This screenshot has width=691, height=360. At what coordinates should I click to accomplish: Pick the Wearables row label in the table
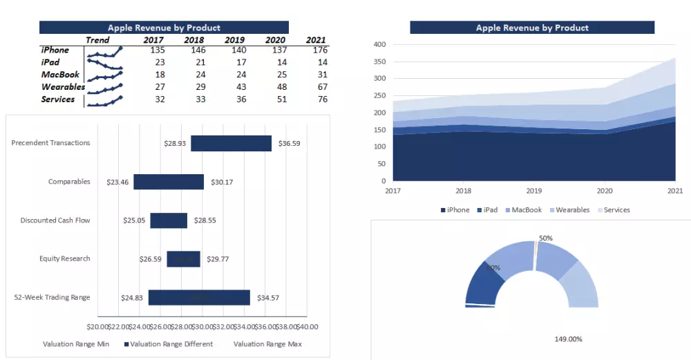click(x=63, y=87)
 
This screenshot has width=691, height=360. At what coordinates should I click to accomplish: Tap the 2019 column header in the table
click(x=235, y=40)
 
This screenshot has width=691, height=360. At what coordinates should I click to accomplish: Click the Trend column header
click(x=97, y=40)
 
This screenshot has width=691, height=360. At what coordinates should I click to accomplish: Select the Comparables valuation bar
click(x=169, y=182)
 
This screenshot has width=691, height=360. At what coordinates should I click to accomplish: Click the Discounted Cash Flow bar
click(x=169, y=220)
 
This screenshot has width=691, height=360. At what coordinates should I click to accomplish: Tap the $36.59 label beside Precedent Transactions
click(x=290, y=144)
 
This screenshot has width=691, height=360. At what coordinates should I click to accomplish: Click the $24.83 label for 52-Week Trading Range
click(x=131, y=298)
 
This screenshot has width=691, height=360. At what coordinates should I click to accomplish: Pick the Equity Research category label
click(x=65, y=259)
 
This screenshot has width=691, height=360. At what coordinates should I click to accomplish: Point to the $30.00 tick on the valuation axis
click(x=202, y=326)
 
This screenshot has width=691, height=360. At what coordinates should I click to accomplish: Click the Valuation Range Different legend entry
click(x=168, y=344)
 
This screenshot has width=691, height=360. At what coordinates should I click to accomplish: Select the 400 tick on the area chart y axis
click(x=379, y=44)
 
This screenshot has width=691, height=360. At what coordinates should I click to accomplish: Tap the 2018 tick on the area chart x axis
click(x=464, y=191)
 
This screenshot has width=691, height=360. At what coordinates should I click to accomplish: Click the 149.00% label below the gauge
click(x=568, y=339)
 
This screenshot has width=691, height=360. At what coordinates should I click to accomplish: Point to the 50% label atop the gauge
click(x=546, y=238)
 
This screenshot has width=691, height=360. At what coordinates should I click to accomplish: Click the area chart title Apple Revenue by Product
click(x=532, y=28)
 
